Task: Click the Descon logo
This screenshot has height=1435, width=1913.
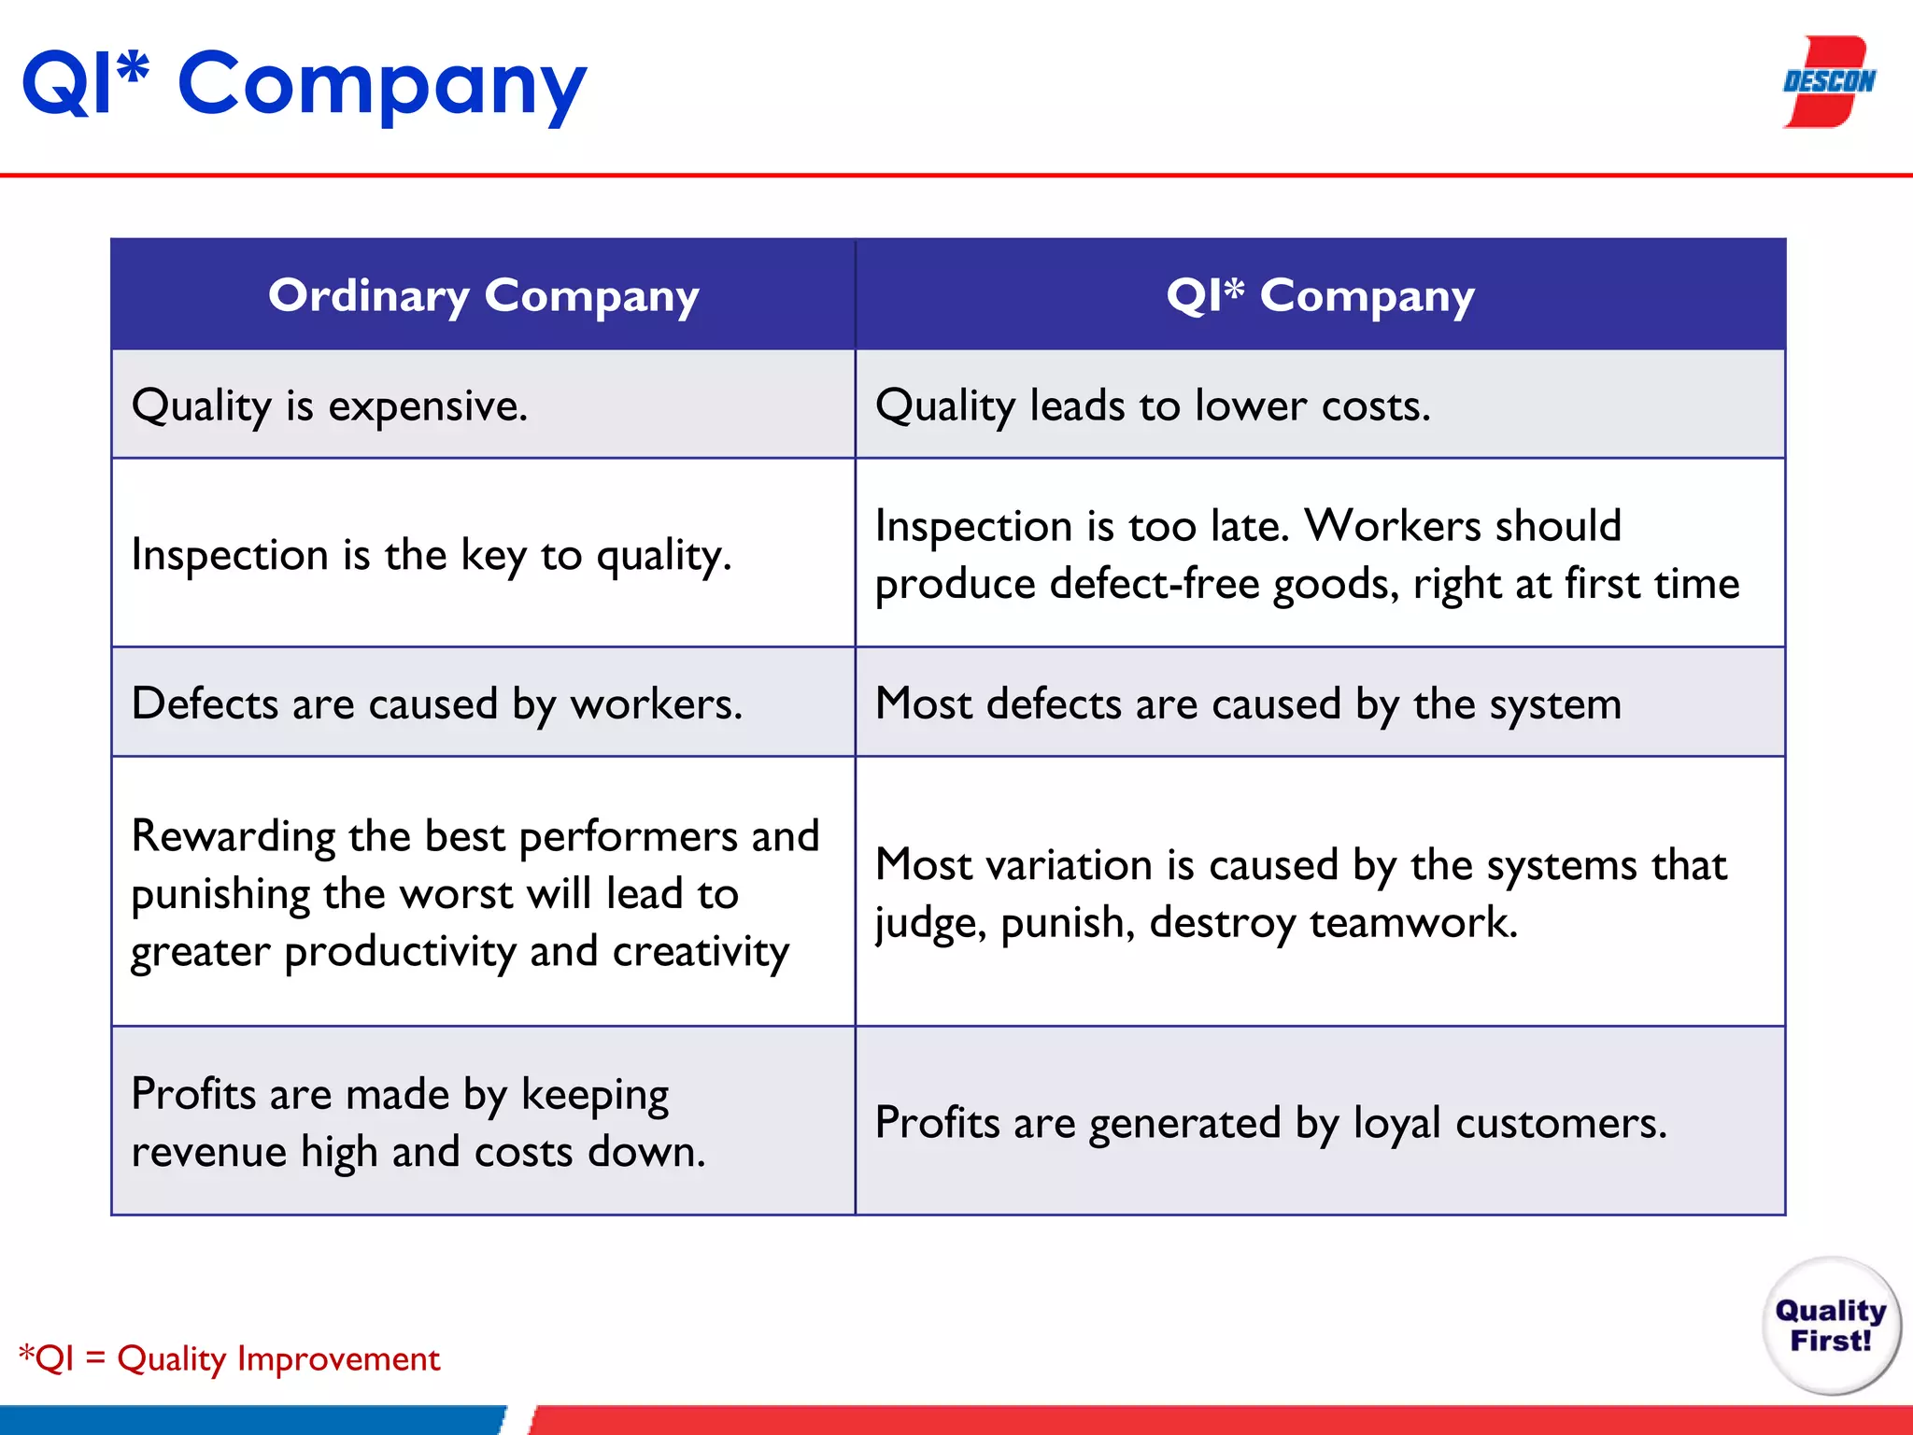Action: point(1828,82)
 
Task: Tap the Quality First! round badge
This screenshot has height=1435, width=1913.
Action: point(1830,1325)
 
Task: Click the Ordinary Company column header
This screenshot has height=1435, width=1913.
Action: point(483,295)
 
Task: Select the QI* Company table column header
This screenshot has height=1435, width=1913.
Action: point(1320,295)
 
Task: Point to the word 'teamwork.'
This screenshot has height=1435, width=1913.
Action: point(1413,923)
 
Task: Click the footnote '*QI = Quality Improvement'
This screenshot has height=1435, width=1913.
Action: point(230,1358)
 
